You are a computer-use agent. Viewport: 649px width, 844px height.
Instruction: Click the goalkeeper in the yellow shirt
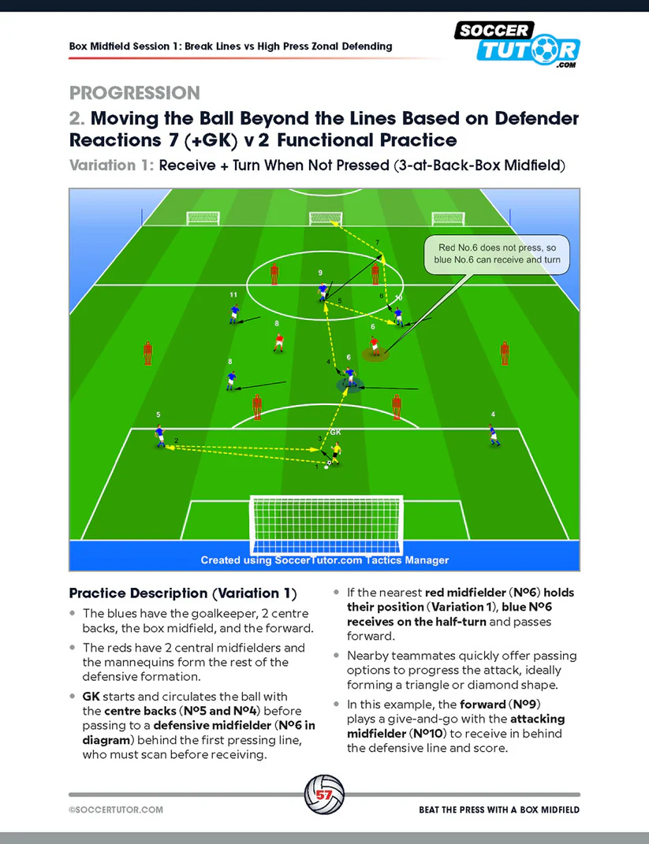point(338,452)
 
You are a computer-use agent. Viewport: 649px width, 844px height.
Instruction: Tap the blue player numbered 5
point(160,436)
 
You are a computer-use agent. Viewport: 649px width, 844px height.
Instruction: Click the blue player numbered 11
point(233,314)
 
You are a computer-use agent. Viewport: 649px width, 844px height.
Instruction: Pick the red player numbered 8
point(278,341)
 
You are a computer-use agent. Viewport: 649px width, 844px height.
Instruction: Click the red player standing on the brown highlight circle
point(375,345)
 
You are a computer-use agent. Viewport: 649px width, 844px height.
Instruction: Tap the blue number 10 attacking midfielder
point(398,315)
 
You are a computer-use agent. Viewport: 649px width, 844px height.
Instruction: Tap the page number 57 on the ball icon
point(324,794)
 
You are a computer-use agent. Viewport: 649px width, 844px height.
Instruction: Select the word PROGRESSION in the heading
point(134,93)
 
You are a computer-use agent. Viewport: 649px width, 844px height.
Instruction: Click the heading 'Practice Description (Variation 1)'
point(182,593)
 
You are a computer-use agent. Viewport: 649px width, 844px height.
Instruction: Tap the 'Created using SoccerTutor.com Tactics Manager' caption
point(324,560)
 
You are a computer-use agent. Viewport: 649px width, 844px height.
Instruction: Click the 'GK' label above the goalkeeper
point(335,433)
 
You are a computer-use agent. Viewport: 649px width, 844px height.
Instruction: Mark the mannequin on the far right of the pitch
point(503,353)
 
